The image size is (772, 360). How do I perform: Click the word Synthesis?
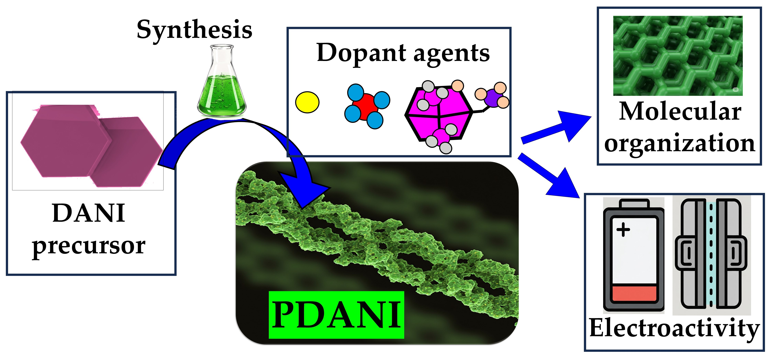point(194,30)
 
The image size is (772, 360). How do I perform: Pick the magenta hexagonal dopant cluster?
point(438,115)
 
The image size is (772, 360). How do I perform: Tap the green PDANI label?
point(336,315)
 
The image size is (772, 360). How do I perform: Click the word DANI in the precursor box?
point(89,213)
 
